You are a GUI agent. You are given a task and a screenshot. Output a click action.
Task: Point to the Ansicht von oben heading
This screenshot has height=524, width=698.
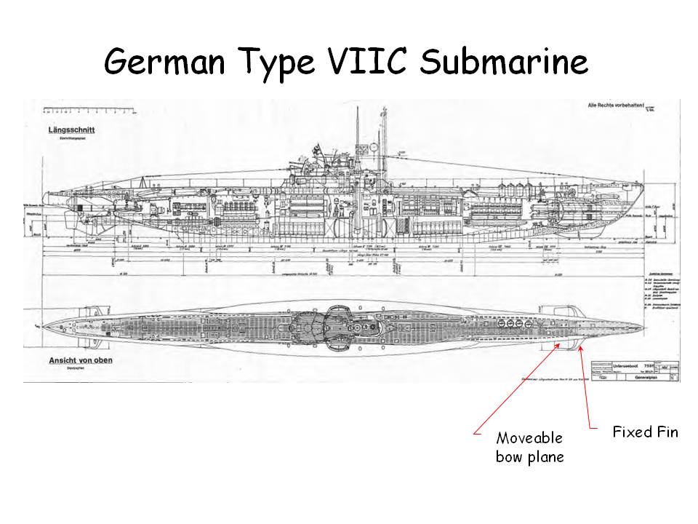(81, 360)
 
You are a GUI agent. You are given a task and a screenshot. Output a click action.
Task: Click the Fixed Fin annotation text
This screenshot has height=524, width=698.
(645, 432)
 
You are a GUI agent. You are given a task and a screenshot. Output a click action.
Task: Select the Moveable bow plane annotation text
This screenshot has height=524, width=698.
(529, 447)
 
